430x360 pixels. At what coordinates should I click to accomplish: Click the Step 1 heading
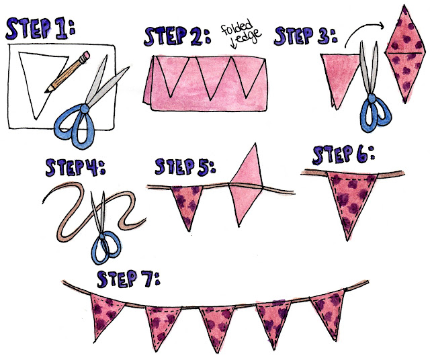coord(40,28)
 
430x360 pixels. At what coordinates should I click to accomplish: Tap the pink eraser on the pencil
coord(85,55)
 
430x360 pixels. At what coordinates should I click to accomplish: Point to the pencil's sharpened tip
coord(47,91)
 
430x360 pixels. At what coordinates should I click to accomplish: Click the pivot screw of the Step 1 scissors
coord(85,108)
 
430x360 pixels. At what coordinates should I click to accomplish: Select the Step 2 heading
coord(177,36)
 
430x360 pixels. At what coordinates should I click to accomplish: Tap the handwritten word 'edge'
coord(249,36)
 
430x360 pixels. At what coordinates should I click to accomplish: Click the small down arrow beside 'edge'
coord(234,43)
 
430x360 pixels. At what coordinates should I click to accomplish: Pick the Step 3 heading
coord(306,36)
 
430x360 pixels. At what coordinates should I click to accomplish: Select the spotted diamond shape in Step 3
coord(405,54)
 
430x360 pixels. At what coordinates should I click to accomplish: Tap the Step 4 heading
coord(75,167)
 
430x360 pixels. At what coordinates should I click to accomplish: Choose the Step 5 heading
coord(185,167)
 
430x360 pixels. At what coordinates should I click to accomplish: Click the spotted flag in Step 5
coord(187,204)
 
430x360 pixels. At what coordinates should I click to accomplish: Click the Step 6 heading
coord(343,155)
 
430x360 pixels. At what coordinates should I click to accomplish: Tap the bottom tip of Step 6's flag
coord(347,240)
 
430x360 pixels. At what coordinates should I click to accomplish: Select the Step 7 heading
coord(128,279)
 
